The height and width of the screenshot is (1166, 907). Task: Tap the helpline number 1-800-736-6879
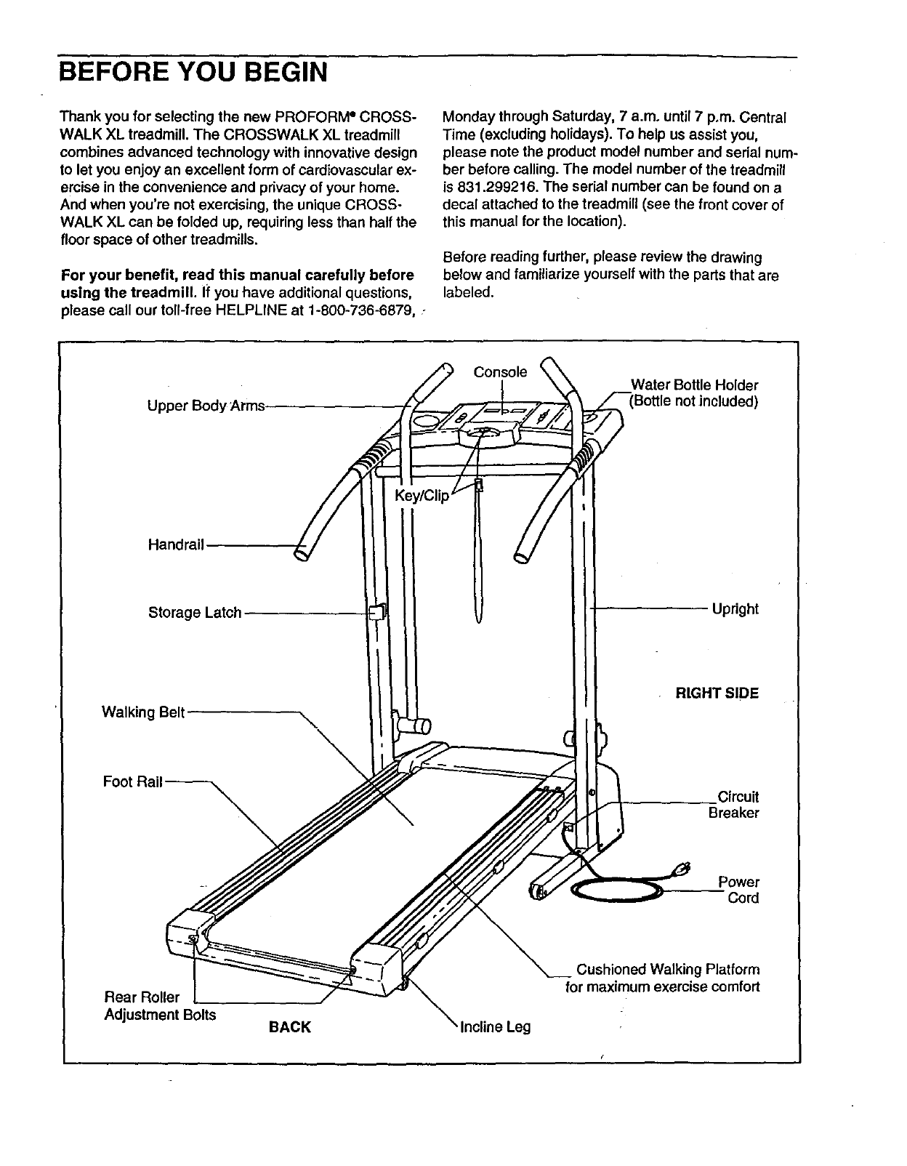click(x=363, y=311)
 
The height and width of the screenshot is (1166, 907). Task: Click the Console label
click(x=500, y=372)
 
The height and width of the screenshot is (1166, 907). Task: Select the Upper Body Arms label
click(x=206, y=406)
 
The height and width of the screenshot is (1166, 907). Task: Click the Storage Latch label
click(x=195, y=613)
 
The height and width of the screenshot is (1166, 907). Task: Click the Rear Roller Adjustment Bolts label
click(x=160, y=1005)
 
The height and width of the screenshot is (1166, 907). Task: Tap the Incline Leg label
click(x=496, y=1027)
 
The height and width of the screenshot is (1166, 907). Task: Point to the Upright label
click(x=735, y=609)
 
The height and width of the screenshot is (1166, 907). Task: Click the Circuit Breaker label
click(x=734, y=805)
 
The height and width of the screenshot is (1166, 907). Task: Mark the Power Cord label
click(x=739, y=890)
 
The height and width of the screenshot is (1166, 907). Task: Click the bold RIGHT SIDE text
click(x=717, y=693)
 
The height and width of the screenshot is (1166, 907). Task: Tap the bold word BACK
click(x=290, y=1027)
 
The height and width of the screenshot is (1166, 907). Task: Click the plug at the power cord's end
click(x=682, y=867)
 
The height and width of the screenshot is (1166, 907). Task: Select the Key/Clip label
click(x=422, y=496)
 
